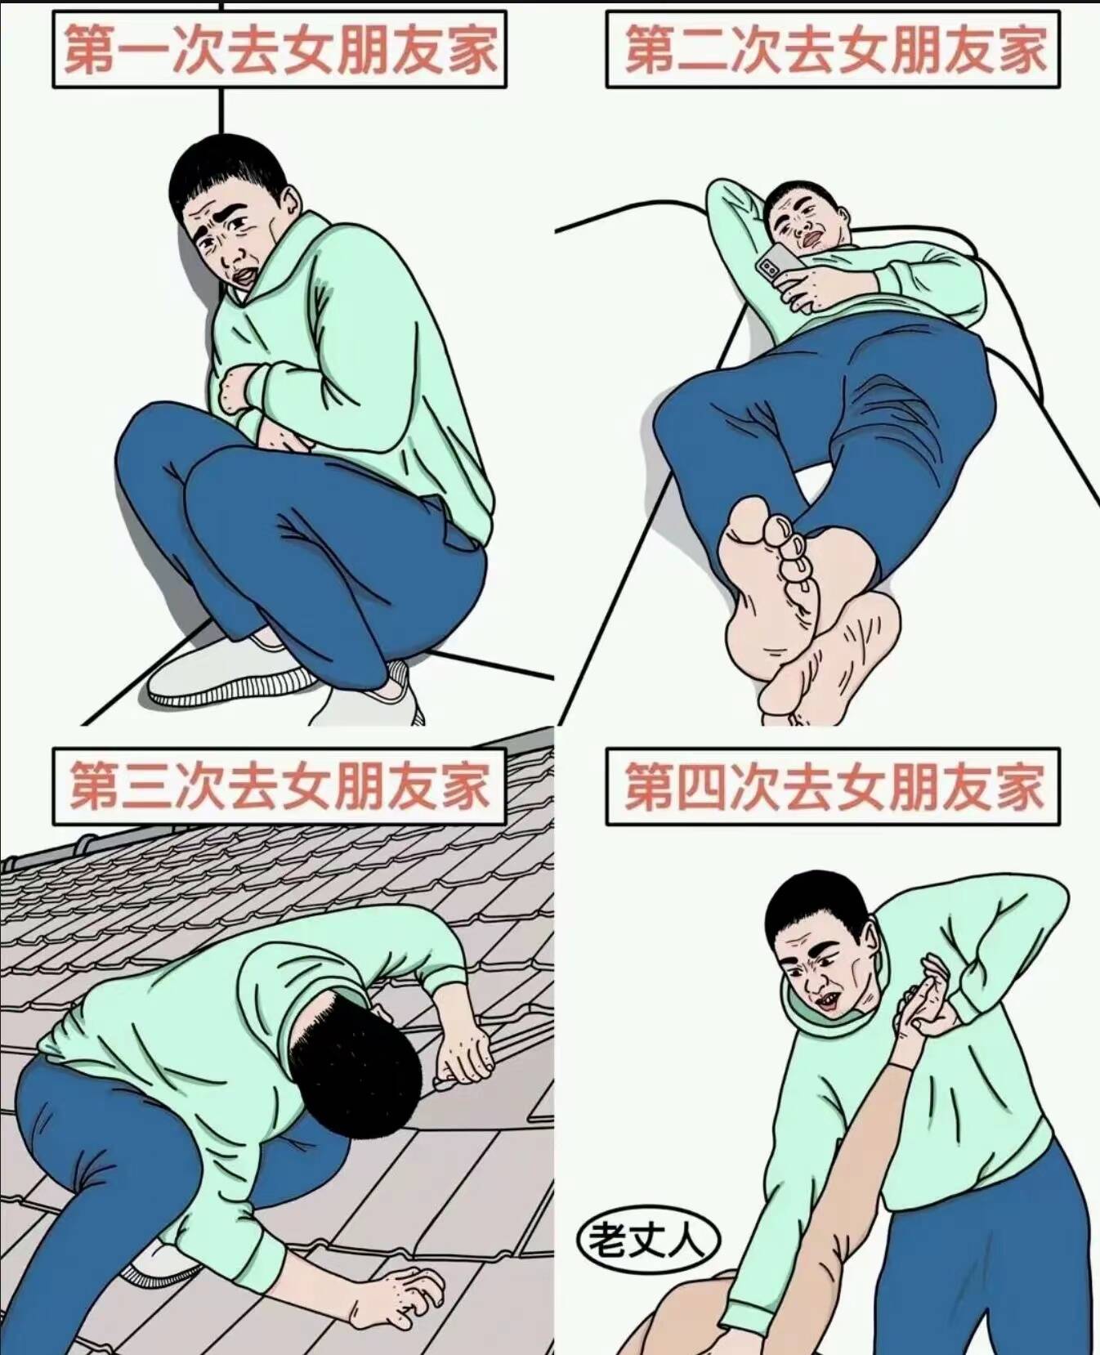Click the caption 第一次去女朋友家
pyautogui.click(x=279, y=49)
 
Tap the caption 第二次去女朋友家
pyautogui.click(x=834, y=49)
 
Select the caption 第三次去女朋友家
pyautogui.click(x=279, y=785)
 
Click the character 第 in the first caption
pyautogui.click(x=89, y=49)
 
